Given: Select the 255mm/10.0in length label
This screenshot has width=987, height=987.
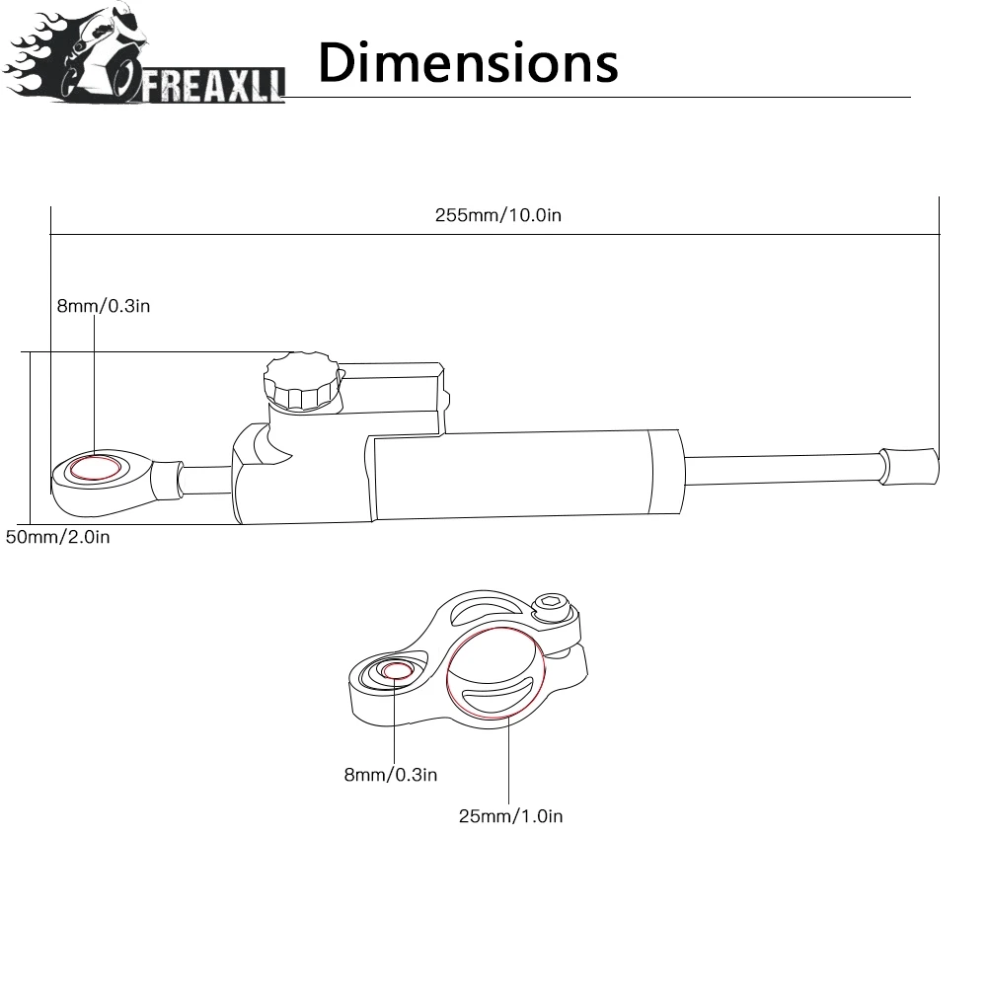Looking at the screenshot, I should (x=498, y=215).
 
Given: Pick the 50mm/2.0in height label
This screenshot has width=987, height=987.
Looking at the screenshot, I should (x=58, y=537).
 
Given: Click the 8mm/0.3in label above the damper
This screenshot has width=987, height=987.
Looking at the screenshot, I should (x=103, y=306).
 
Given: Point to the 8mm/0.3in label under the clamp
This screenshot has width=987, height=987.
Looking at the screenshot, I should (x=390, y=775).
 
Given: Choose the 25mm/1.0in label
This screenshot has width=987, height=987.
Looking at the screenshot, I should (x=510, y=815).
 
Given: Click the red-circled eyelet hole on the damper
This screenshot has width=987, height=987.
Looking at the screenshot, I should (x=95, y=468).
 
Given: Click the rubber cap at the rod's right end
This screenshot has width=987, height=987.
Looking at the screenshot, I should (x=907, y=464).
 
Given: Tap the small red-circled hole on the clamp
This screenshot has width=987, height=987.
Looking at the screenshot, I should (x=397, y=672).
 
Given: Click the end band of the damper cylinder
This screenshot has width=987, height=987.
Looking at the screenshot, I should (x=663, y=475).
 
